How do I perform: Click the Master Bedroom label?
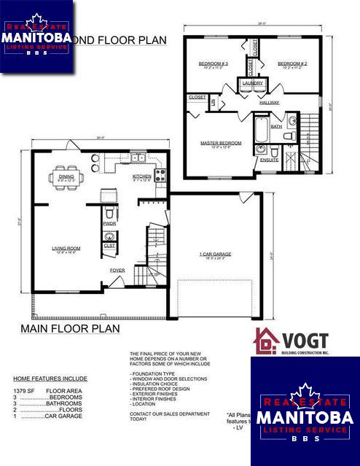[221, 143]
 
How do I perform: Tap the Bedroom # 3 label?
[214, 64]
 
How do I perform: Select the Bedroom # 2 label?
[291, 64]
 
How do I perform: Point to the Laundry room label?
[252, 84]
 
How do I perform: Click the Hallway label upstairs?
[269, 103]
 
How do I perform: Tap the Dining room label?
[66, 176]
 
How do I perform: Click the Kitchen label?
[141, 176]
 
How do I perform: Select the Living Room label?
[65, 249]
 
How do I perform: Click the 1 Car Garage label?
[215, 255]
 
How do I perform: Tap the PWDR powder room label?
[110, 224]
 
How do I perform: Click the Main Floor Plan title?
[69, 329]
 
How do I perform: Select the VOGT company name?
[304, 341]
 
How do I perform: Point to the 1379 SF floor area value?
[22, 391]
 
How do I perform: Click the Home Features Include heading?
[50, 378]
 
